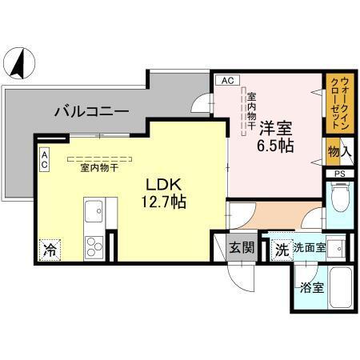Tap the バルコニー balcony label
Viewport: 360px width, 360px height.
[92, 111]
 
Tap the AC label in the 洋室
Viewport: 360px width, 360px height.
[226, 80]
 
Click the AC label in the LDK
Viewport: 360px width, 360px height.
[45, 159]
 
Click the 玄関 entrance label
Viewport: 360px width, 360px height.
[243, 249]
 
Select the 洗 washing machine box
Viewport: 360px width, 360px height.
[281, 249]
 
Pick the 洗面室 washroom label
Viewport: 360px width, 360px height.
[309, 249]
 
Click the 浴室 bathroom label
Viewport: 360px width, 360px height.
[312, 287]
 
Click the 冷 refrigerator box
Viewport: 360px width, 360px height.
[50, 250]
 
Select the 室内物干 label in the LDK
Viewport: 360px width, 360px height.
[100, 167]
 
